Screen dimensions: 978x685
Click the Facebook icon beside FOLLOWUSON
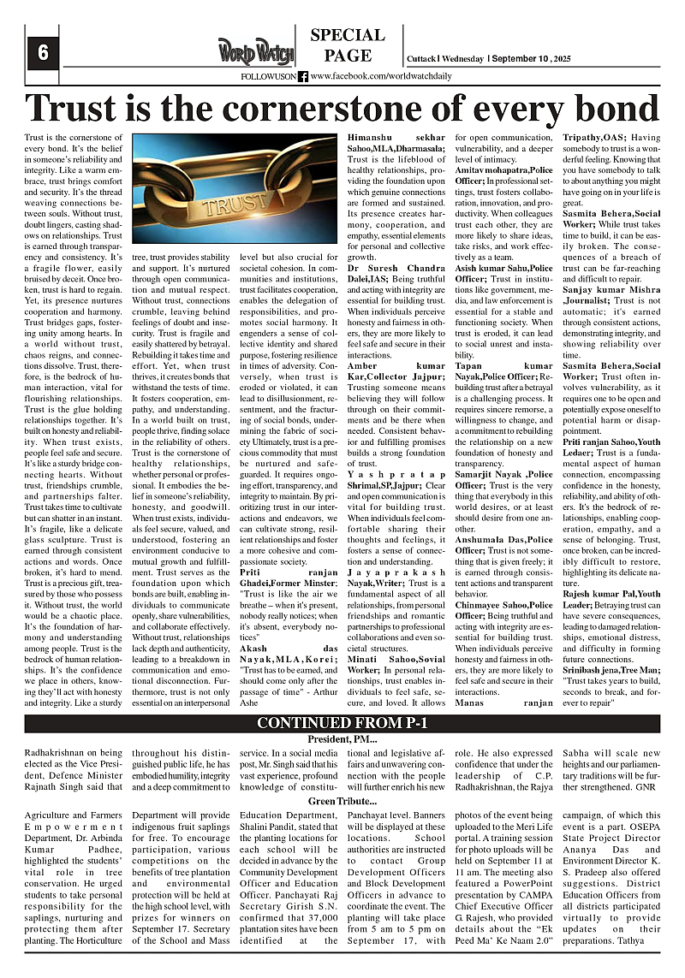304,76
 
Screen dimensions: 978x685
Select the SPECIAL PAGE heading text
348,46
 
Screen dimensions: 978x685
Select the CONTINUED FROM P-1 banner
342,723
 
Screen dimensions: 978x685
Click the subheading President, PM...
342,738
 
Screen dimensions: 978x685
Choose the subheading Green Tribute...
342,801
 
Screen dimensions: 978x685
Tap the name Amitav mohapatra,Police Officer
503,171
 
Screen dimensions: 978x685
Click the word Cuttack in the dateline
420,58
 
